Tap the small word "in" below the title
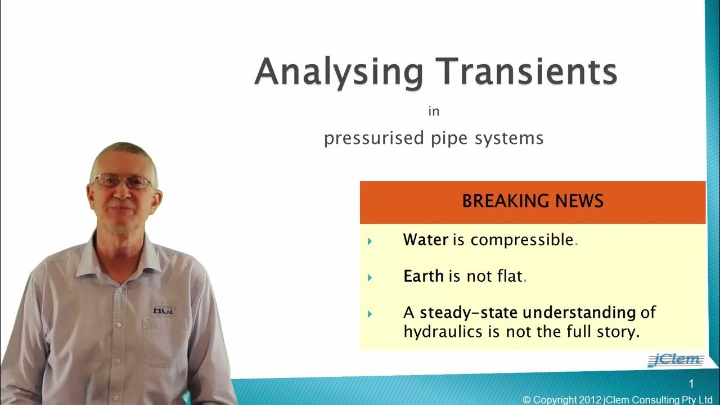coord(433,111)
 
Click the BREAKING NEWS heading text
coord(532,201)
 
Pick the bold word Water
coord(425,240)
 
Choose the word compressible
coord(521,241)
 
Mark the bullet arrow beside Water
coord(370,241)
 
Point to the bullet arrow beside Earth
coord(370,277)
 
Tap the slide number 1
coord(692,384)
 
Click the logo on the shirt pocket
coord(164,309)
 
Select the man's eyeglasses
coord(123,182)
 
